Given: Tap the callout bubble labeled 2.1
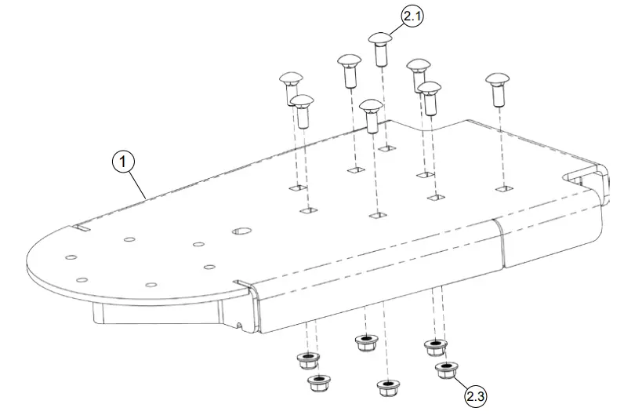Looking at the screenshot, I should [x=412, y=16].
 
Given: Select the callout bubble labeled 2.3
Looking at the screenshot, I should [x=475, y=397].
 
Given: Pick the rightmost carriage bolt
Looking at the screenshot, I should [x=497, y=89].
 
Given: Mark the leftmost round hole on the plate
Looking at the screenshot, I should [x=71, y=257].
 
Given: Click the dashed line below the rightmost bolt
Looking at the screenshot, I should [x=499, y=145].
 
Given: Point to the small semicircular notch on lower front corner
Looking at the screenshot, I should [x=238, y=322].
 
